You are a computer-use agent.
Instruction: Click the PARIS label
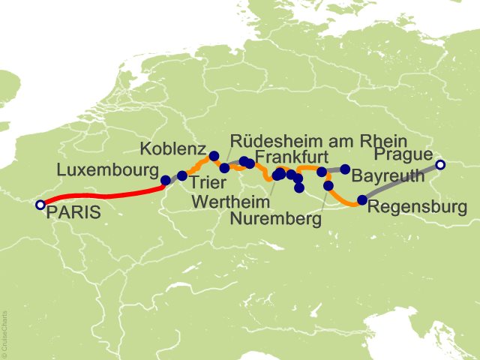click(x=73, y=212)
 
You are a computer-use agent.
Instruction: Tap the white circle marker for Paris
click(x=40, y=204)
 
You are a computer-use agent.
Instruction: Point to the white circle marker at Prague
click(x=440, y=165)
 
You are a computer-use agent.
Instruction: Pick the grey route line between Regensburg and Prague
click(x=401, y=182)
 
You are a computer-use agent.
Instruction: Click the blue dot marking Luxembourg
click(x=165, y=180)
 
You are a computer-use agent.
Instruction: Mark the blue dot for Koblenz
click(x=214, y=156)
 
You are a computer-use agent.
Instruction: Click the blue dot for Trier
click(x=182, y=175)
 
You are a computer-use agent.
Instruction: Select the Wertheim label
click(x=229, y=201)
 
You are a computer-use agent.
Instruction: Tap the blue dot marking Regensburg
click(x=362, y=199)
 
